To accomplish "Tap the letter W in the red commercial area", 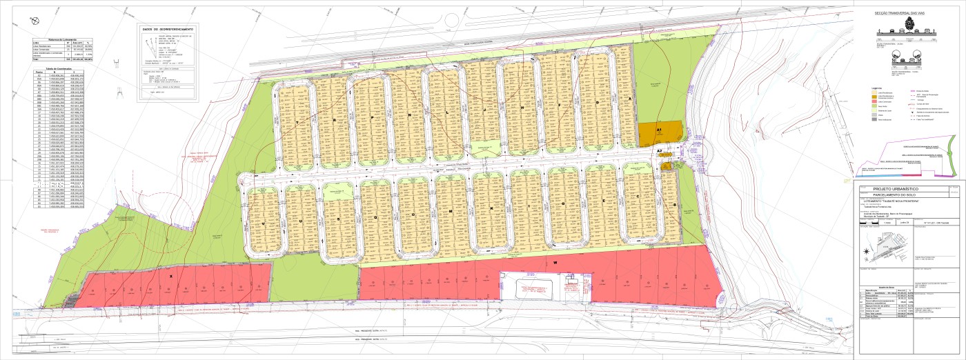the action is coord(554,263).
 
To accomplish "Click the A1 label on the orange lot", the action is coord(659,130).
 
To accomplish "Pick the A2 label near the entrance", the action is coord(660,151).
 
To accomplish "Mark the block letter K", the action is coord(491,208).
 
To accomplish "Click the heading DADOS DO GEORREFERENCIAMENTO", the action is coord(167,30).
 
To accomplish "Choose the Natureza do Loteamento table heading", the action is coord(59,39).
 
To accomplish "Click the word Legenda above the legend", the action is coord(878,88).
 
